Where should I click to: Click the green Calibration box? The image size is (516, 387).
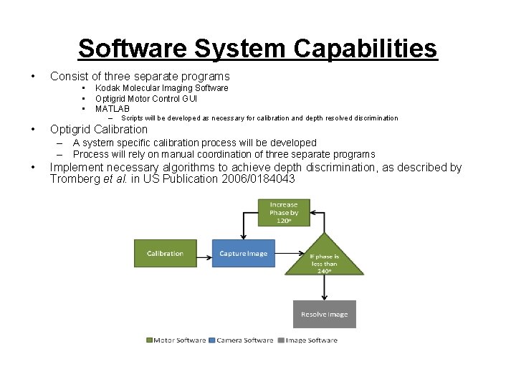[165, 253]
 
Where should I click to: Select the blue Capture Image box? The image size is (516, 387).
[243, 253]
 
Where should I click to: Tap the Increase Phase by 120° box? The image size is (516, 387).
[284, 213]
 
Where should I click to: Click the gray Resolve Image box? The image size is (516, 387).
[324, 314]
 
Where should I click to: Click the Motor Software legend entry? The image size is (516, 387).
[176, 340]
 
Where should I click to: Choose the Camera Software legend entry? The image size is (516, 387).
[242, 340]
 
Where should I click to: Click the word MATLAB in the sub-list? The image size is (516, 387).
[113, 109]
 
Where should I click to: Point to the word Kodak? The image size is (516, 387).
[107, 88]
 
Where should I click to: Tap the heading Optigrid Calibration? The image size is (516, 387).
[98, 130]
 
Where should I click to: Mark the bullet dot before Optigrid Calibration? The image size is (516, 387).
[33, 130]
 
